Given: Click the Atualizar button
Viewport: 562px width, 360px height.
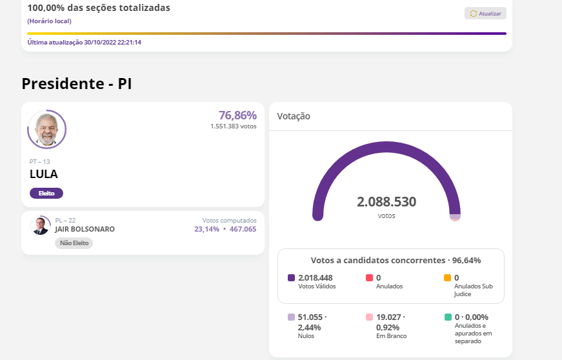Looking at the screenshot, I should [x=485, y=14].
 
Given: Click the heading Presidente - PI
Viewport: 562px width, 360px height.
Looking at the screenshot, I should [x=77, y=84].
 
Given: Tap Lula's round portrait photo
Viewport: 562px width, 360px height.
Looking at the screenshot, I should [x=46, y=130].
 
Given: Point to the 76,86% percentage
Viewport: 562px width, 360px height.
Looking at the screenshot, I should [x=237, y=115].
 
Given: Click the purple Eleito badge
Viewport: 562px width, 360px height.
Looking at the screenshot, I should [x=46, y=193].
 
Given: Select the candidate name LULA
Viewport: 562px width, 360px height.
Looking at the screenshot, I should [x=44, y=174].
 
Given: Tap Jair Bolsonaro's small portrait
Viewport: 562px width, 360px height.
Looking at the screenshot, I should [x=40, y=226].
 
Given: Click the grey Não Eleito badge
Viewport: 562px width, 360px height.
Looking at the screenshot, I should [x=74, y=243].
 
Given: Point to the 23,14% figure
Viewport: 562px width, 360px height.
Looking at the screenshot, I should [x=206, y=229].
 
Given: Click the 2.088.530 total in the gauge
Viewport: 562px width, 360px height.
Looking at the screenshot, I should [x=386, y=202].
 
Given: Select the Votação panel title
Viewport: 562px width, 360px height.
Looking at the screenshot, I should [x=294, y=116].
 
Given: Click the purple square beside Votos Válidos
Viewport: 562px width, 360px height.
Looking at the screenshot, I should [x=292, y=278].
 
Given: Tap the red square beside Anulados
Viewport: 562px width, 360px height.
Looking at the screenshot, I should [x=370, y=278].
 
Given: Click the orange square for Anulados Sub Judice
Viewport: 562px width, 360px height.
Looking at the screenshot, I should [x=448, y=278].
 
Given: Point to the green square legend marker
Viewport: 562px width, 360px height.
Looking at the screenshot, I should [x=448, y=317].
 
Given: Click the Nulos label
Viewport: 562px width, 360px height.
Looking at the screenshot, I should [x=306, y=336].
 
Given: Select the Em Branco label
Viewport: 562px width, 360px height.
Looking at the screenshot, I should [x=391, y=336].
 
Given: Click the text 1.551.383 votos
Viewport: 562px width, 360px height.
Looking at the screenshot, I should [x=233, y=126].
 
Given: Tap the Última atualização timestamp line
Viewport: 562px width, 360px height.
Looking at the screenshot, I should [x=85, y=43].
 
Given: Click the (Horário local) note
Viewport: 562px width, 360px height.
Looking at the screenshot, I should [x=49, y=21].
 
